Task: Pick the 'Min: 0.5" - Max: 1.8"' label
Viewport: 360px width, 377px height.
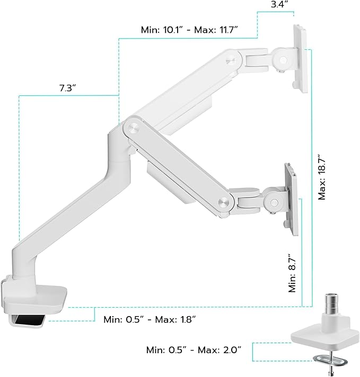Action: click(x=150, y=319)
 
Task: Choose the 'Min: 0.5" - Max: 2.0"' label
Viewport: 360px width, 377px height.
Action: click(x=194, y=349)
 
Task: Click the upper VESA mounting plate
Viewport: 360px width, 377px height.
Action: click(x=300, y=58)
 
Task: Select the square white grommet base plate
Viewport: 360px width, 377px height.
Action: click(x=319, y=335)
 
